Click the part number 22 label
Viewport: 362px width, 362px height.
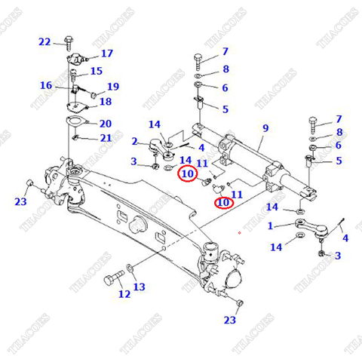click(x=44, y=41)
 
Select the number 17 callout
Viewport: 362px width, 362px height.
click(x=106, y=54)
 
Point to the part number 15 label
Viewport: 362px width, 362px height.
click(x=96, y=71)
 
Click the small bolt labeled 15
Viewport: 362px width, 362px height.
click(x=74, y=74)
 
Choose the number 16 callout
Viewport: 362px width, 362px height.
click(x=46, y=85)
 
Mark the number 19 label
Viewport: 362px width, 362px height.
click(x=112, y=87)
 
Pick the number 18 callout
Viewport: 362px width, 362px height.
click(x=105, y=101)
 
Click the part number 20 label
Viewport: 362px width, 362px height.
click(x=105, y=123)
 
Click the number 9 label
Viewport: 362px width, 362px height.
click(x=265, y=129)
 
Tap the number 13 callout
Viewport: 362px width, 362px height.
click(x=139, y=287)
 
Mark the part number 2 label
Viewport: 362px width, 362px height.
click(x=134, y=141)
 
